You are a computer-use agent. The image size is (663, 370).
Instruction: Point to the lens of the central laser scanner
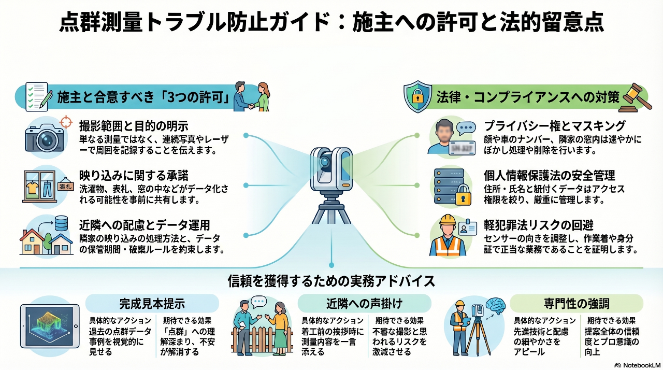click(325, 162)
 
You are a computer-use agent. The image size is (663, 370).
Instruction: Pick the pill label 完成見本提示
click(152, 303)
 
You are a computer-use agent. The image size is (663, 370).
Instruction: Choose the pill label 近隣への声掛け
click(364, 303)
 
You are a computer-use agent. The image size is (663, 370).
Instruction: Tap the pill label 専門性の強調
click(576, 303)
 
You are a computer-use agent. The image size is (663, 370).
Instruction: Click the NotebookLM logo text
click(636, 364)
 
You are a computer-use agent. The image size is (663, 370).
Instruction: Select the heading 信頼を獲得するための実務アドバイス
click(331, 281)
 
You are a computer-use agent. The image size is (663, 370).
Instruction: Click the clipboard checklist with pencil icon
click(38, 97)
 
